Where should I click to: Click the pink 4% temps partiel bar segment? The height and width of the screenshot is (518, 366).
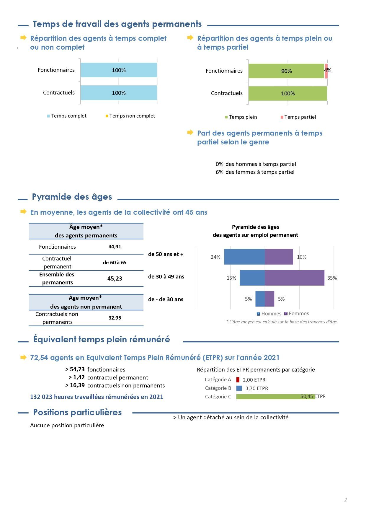tap(326, 71)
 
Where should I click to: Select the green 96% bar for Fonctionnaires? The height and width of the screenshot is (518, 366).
tap(286, 71)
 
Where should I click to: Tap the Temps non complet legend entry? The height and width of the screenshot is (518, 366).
tap(130, 116)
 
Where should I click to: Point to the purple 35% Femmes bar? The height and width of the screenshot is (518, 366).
tap(295, 278)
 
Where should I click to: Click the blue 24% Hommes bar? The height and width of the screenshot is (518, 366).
tap(244, 257)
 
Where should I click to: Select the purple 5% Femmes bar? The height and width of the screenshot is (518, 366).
tap(269, 299)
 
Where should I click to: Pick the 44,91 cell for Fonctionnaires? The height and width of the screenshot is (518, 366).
tap(115, 247)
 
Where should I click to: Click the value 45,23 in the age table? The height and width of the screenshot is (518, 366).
tap(115, 278)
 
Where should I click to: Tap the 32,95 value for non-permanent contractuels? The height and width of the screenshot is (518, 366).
tap(115, 318)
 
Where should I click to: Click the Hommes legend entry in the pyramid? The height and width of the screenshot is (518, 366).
tap(269, 314)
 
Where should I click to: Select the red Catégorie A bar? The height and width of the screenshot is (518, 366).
tap(238, 379)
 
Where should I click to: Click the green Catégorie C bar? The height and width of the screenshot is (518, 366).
tap(276, 397)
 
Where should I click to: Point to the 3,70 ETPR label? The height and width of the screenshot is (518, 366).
tap(257, 388)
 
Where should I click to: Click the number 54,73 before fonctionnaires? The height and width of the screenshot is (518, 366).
tap(77, 369)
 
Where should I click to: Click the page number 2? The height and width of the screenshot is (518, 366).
tap(345, 500)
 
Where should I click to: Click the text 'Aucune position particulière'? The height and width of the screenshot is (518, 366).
tap(67, 425)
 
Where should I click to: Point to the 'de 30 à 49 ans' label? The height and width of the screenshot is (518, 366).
tap(166, 277)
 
